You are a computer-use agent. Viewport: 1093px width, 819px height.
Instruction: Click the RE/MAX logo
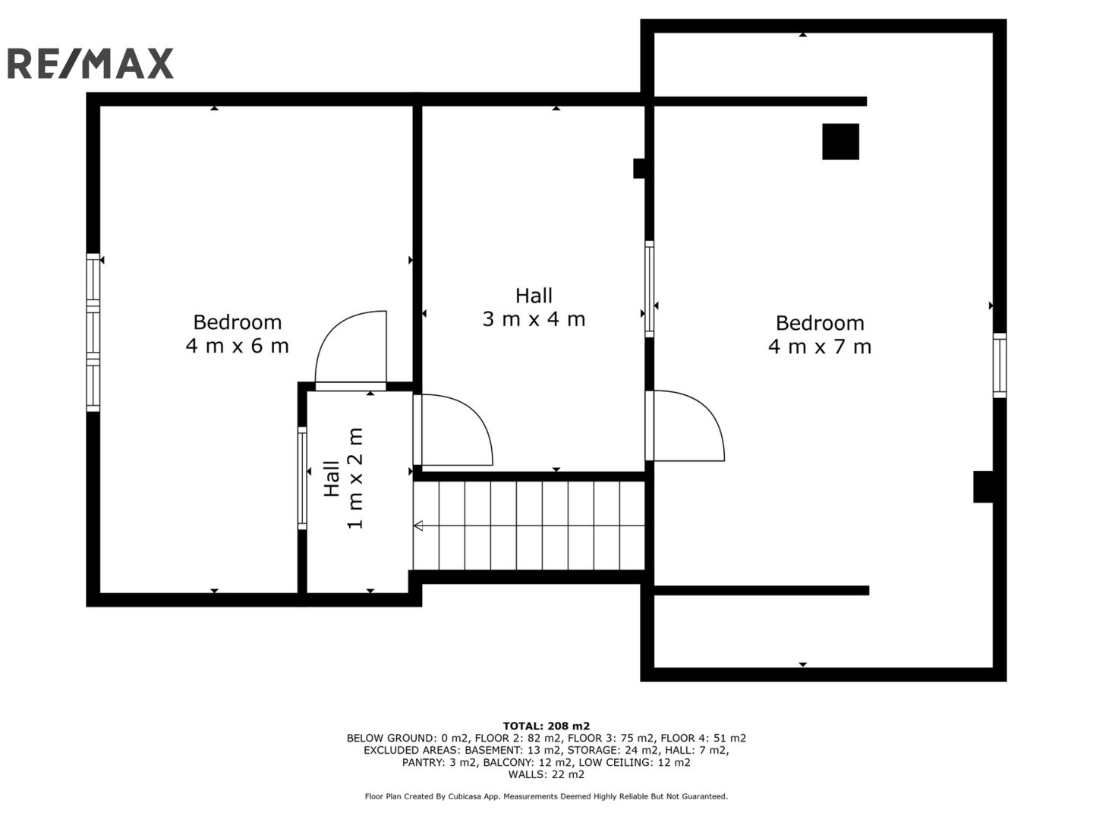coord(90,64)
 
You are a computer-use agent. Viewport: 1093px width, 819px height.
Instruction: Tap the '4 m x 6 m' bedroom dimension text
coord(237,346)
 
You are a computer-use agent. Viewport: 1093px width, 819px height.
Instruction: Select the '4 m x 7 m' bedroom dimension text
coord(819,347)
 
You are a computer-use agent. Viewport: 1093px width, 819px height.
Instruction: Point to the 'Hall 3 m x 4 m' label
coord(534,307)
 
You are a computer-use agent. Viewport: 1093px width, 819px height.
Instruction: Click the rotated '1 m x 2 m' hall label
coord(355,478)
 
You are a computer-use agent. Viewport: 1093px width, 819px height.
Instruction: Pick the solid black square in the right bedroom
coord(840,142)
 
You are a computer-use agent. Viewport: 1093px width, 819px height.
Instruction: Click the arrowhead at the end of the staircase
coord(418,526)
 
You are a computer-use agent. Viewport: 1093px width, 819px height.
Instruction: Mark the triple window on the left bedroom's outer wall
coord(93,332)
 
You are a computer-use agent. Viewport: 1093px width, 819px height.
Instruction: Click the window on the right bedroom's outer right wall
coord(1000,366)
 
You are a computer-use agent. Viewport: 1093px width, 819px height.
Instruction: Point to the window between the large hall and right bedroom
coord(649,289)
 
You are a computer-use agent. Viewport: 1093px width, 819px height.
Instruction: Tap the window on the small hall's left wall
coord(302,478)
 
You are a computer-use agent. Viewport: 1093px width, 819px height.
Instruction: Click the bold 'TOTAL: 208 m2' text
coord(546,726)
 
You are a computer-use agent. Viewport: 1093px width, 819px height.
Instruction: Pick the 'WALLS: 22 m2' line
coord(546,774)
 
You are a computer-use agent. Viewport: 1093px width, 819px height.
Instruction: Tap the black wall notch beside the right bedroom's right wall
coord(984,487)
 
